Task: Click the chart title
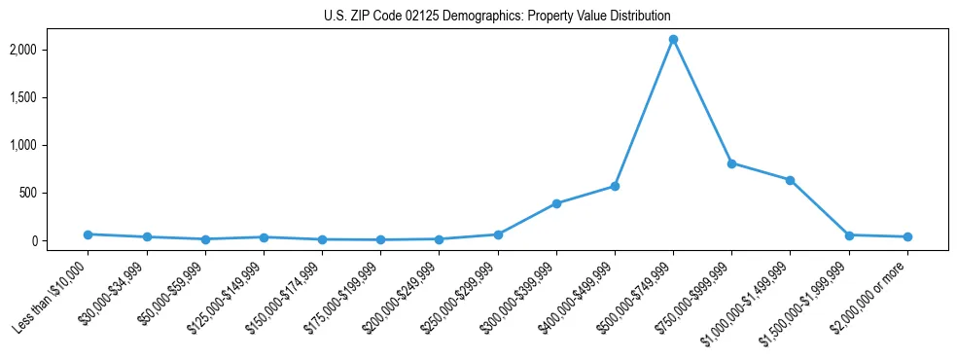pos(497,17)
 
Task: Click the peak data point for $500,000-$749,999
pos(673,40)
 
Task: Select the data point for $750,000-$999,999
pos(731,163)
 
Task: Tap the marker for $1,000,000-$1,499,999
pos(790,180)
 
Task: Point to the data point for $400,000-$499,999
pos(615,186)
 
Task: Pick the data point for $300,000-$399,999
pos(556,203)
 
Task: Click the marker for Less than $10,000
pos(88,234)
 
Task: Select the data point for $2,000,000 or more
pos(907,236)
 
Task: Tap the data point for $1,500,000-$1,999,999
pos(849,235)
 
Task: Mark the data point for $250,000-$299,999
pos(498,234)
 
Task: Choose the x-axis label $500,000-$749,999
pos(637,298)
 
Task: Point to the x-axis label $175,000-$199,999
pos(344,298)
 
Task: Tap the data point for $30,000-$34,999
pos(146,237)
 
